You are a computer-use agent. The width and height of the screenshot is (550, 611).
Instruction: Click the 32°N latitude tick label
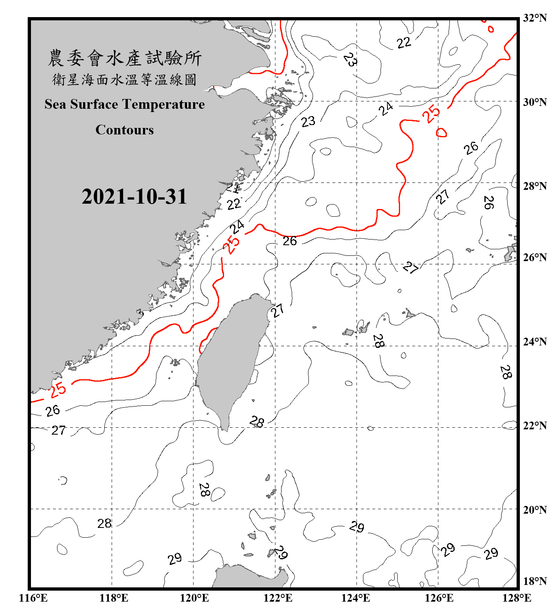point(535,18)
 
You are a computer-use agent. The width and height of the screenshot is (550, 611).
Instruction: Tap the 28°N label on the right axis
point(535,186)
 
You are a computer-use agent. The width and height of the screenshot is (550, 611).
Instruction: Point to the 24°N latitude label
point(535,341)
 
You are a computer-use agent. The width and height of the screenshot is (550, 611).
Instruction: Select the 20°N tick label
point(535,510)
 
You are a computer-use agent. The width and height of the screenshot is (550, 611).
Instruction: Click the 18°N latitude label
point(535,581)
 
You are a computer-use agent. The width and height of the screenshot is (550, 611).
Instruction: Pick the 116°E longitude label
point(33,598)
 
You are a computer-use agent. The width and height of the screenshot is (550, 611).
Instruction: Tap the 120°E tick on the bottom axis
point(194,598)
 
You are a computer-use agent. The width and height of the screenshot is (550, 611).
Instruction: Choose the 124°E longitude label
point(356,598)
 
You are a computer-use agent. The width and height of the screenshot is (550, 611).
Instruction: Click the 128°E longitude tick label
point(517,598)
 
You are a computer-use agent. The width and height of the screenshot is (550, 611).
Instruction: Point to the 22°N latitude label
point(535,426)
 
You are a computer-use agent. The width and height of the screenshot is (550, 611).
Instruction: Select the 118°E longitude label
point(114,598)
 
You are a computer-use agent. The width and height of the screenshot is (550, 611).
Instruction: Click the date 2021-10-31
point(134,197)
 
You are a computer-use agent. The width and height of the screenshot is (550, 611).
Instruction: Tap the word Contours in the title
point(125,130)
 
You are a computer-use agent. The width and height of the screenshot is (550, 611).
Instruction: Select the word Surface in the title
point(94,104)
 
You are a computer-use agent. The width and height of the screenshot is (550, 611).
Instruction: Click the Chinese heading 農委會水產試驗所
point(125,58)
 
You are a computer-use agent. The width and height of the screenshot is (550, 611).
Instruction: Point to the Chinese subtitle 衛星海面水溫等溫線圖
point(125,79)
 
